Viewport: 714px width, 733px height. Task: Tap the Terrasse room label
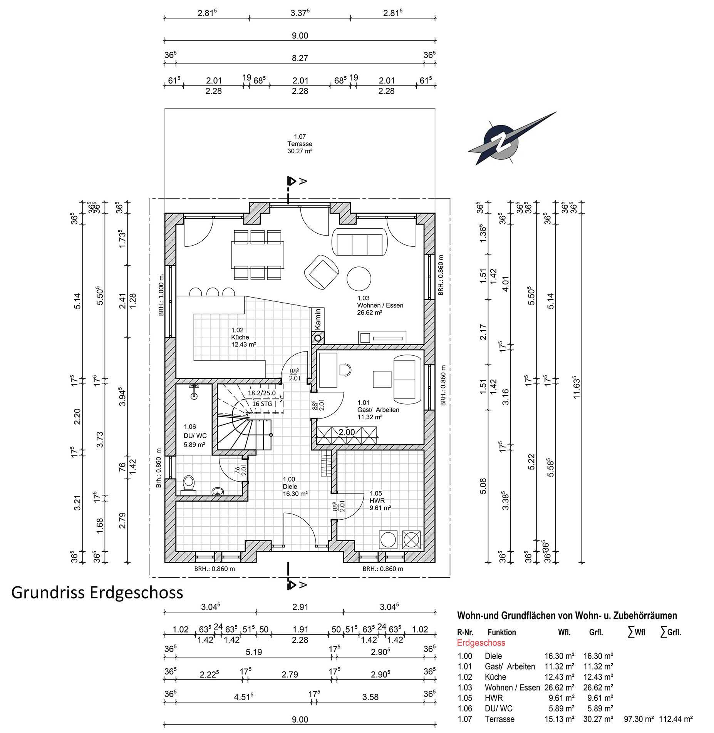tap(300, 144)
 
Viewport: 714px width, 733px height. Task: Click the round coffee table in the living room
tap(359, 279)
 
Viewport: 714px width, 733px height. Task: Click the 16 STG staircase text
tap(262, 404)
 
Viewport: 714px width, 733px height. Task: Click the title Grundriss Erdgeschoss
tap(97, 592)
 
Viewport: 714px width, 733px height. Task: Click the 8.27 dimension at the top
tap(300, 58)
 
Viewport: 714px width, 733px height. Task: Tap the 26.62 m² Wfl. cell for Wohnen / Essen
tap(559, 687)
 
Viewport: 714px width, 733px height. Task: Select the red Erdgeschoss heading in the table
tap(481, 643)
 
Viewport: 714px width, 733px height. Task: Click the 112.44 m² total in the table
tap(676, 719)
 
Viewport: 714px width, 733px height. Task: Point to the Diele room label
tap(295, 486)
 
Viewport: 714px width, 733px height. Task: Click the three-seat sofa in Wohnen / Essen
tap(359, 242)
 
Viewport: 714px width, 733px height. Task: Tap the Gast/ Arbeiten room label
tap(378, 410)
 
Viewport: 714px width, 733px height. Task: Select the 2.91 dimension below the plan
tap(300, 607)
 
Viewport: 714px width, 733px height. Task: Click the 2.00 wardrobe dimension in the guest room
tap(347, 432)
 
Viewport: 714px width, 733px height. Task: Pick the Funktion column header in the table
tap(501, 632)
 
